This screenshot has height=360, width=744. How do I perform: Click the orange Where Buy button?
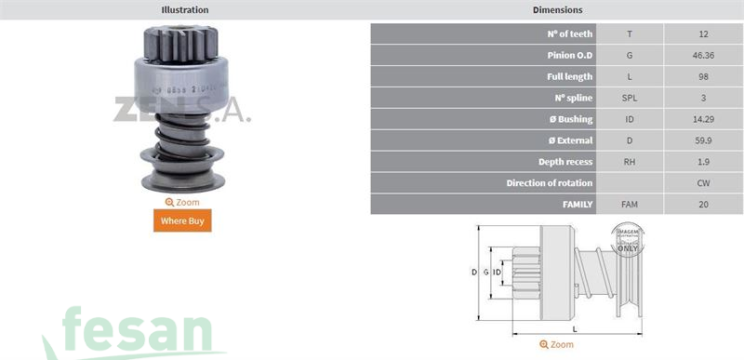coord(182,220)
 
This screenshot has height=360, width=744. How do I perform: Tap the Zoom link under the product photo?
coord(182,202)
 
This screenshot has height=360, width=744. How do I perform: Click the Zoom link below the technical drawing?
coord(557,344)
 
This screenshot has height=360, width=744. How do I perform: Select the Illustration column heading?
coord(185,10)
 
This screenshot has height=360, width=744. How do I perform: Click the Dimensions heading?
coord(557,10)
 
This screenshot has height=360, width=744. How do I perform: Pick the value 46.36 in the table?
coord(703,55)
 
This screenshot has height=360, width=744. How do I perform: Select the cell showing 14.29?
coord(703,119)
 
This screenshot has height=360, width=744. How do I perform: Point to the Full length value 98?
coord(703,76)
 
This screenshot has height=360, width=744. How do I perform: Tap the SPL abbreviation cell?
coord(630,98)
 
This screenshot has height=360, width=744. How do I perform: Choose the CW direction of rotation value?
coord(703,183)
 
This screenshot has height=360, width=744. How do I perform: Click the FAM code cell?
coord(630,204)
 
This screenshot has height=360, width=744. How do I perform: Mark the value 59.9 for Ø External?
coord(703,140)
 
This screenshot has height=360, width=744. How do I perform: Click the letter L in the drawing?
coord(574,329)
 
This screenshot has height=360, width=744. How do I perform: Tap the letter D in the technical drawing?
coord(473,272)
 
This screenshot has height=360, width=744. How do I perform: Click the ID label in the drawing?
coord(498,272)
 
